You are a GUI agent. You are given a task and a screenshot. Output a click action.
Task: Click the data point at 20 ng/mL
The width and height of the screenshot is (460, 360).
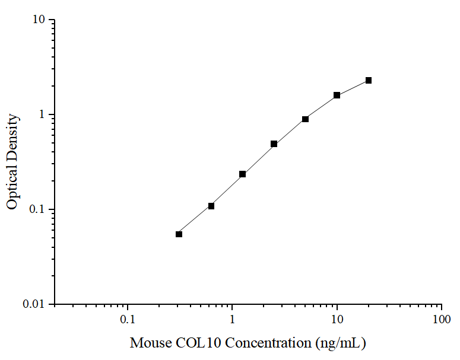369,80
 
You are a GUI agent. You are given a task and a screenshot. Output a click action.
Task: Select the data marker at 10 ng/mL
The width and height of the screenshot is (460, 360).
337,95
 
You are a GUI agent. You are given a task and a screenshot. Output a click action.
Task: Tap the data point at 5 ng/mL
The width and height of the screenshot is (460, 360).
305,119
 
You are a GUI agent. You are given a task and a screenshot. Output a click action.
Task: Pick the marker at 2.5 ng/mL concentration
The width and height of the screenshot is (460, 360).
274,144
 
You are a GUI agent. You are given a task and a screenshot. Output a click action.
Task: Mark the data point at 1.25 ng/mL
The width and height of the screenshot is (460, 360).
243,174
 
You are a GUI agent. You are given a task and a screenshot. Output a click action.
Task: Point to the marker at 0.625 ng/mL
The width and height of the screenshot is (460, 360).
211,206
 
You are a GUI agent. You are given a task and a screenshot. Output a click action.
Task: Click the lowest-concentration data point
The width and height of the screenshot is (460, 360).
179,234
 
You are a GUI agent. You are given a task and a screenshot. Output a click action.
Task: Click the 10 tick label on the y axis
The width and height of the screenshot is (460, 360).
39,20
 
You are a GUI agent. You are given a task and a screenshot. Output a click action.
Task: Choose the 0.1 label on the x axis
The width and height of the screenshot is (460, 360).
127,320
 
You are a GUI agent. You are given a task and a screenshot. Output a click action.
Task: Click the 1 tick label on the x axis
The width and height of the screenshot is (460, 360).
232,320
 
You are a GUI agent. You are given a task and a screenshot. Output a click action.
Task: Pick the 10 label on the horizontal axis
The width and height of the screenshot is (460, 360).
337,320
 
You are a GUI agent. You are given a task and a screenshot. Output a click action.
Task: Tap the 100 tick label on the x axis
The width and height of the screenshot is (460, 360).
441,320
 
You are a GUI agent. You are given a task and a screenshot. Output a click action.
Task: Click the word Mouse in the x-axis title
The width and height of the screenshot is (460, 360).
150,343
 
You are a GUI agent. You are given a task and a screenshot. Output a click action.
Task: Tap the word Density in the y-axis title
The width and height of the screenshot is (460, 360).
12,138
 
